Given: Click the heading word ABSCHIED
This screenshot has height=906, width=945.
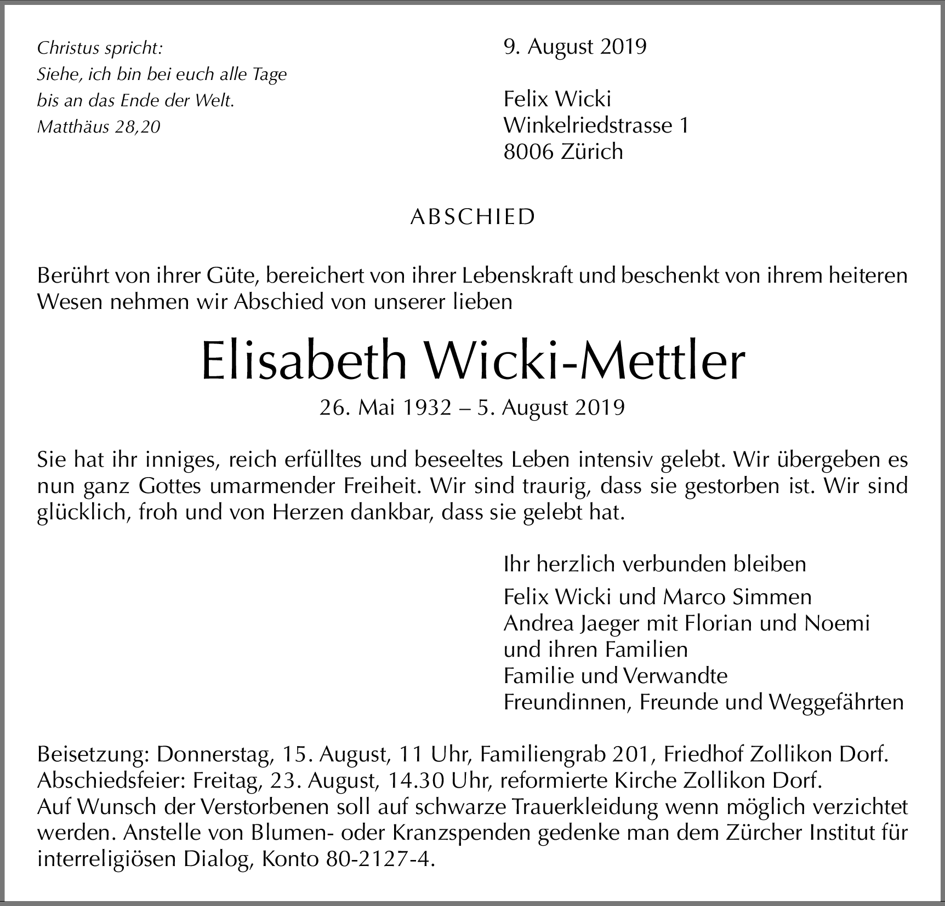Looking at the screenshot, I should [472, 217].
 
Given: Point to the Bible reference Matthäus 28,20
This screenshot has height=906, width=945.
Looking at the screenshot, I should [99, 127].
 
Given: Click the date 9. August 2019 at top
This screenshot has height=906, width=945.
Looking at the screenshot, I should [575, 47].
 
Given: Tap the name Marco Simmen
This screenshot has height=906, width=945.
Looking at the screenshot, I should [737, 597].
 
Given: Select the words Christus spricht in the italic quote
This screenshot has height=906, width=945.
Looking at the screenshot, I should [100, 48].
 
